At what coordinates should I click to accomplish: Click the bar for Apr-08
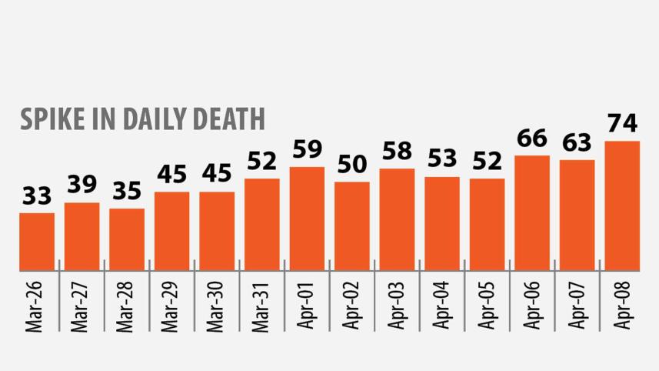(622, 206)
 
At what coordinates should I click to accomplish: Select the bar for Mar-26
(37, 241)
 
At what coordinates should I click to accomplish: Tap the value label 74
(622, 123)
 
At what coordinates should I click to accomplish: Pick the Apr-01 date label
(308, 306)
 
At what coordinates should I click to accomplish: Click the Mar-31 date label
(262, 306)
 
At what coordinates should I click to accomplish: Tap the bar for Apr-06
(532, 212)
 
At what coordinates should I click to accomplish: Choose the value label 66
(532, 139)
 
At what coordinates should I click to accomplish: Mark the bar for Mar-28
(127, 239)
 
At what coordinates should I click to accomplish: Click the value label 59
(307, 149)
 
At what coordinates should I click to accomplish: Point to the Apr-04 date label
(442, 306)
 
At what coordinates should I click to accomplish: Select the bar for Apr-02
(352, 226)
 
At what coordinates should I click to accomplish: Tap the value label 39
(82, 185)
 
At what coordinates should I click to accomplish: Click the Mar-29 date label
(172, 306)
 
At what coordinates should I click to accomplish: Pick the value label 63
(577, 142)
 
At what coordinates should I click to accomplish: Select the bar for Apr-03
(397, 219)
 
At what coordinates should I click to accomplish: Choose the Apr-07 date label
(577, 306)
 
